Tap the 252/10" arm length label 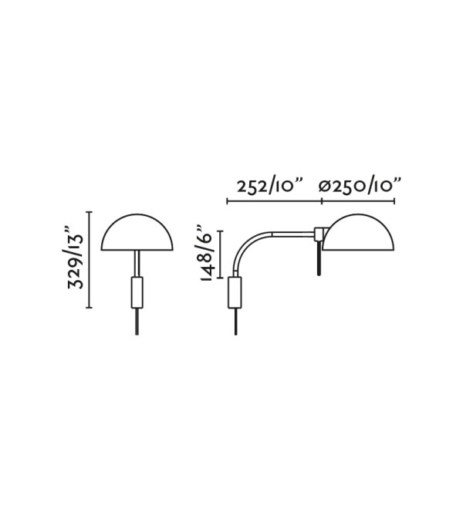coord(270,187)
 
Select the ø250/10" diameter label coord(360,187)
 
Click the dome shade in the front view coord(137,232)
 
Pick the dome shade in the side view coord(358,232)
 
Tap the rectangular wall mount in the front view coord(137,292)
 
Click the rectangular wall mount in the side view coord(235,292)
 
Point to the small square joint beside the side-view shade coord(319,234)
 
